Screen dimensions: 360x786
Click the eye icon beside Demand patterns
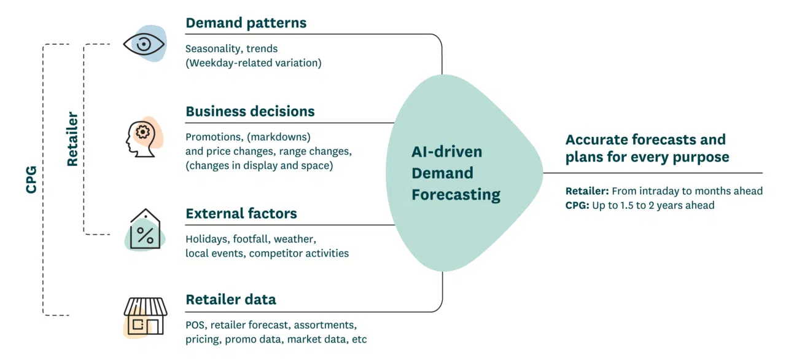point(144,44)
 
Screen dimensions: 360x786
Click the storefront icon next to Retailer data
point(145,316)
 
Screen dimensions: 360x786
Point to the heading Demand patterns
point(246,23)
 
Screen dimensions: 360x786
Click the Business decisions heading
point(250,111)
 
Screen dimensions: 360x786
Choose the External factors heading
point(241,213)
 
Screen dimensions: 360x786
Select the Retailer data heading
point(230,299)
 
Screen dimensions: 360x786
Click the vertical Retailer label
point(72,139)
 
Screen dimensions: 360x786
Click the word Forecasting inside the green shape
point(456,195)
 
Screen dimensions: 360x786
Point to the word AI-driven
point(446,152)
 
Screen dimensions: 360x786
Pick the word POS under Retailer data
point(195,324)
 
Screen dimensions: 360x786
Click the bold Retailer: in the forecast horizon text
point(587,191)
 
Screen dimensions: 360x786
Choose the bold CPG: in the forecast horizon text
point(577,205)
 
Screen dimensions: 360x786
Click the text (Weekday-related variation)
point(253,63)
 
